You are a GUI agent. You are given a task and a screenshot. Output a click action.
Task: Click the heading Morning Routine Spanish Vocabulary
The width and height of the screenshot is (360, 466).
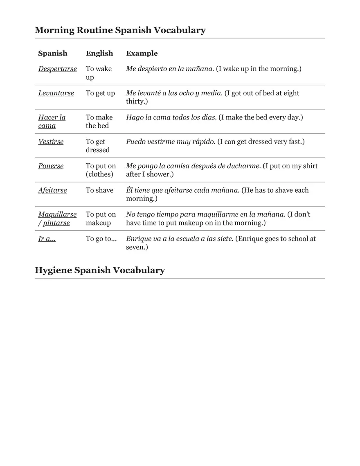[120, 30]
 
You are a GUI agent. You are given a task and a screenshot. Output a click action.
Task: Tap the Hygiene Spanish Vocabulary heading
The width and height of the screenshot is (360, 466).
[99, 270]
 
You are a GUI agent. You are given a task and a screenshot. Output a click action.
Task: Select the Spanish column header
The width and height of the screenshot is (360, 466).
[53, 53]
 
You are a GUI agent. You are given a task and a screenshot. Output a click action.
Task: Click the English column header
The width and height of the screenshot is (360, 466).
[99, 53]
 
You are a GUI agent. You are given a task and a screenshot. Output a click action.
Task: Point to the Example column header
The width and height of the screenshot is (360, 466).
[142, 53]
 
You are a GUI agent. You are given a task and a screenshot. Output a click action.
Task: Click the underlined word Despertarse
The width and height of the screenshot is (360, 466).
[57, 69]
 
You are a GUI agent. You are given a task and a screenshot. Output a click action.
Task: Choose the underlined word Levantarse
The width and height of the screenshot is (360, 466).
[56, 93]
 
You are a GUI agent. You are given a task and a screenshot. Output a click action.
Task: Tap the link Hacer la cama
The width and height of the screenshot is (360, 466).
[52, 122]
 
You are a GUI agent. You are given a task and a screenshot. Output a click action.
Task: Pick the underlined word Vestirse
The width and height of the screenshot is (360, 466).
[51, 142]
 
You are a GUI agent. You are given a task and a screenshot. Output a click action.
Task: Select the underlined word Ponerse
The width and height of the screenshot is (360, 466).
[51, 166]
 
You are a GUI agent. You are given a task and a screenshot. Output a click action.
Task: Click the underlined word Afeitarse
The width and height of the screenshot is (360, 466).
[52, 190]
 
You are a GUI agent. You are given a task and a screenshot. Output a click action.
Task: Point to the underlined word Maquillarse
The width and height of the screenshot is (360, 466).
[57, 214]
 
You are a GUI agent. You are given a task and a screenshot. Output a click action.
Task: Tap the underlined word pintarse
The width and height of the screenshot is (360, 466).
[56, 223]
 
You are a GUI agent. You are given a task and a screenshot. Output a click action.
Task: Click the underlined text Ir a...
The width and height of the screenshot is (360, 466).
[47, 239]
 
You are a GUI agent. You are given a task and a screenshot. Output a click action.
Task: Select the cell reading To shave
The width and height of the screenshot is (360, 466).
[99, 190]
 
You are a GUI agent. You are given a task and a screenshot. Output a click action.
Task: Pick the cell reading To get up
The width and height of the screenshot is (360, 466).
[100, 93]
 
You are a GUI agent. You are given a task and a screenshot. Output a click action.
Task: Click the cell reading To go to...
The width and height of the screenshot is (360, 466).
[101, 239]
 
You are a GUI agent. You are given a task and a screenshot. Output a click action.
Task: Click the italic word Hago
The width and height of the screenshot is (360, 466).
[135, 117]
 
